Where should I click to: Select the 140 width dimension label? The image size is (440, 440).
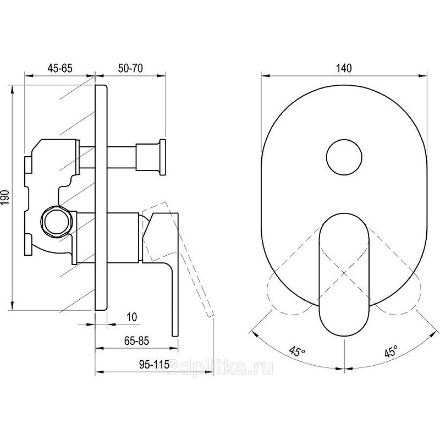coord(344,68)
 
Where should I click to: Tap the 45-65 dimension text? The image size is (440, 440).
coord(60,68)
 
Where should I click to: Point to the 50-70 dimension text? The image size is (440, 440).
coord(130,68)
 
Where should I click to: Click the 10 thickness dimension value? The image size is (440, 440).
coord(132,317)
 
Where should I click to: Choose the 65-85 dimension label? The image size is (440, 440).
coord(136,340)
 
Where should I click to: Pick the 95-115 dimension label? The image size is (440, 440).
coord(155,364)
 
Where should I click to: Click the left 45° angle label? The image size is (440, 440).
coord(298,351)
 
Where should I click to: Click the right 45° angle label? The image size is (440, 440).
coord(391,351)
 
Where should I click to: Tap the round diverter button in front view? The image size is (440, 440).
coord(344,157)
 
